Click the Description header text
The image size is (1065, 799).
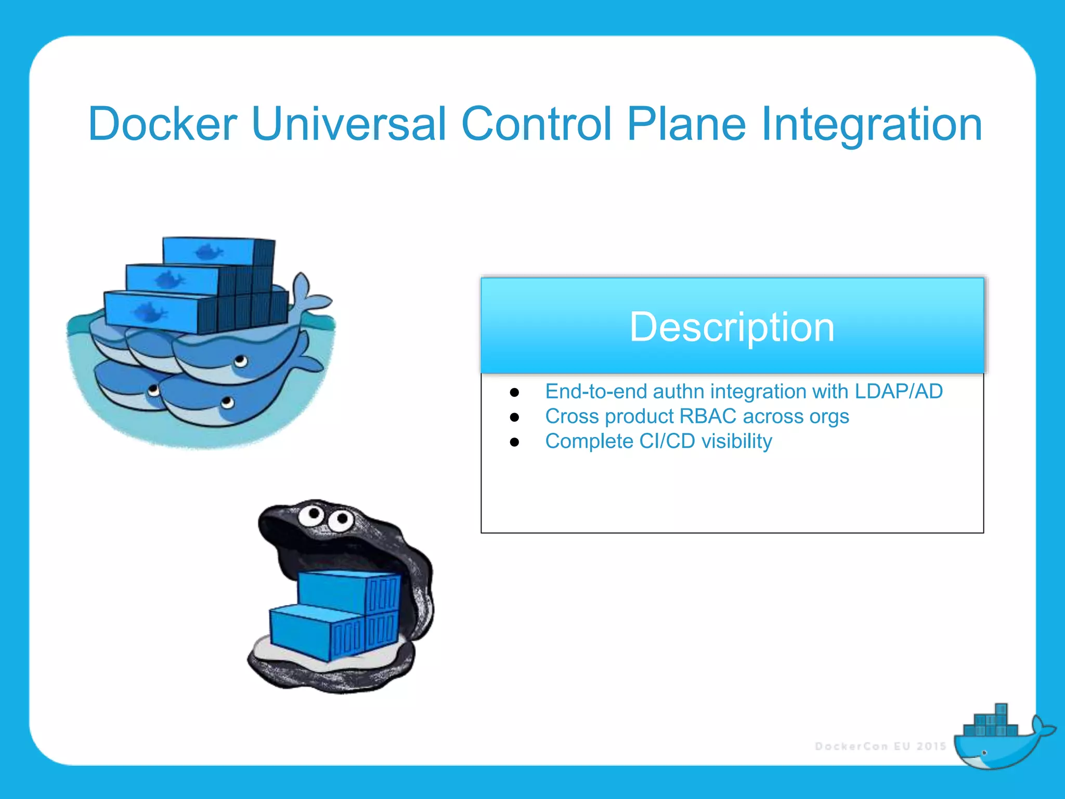(x=732, y=327)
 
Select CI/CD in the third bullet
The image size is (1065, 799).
(x=667, y=441)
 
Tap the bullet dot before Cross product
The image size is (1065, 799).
(x=515, y=417)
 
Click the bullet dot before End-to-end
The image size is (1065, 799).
(x=515, y=392)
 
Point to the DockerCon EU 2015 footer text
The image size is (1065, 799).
(x=880, y=746)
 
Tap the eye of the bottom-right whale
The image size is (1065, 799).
(x=227, y=402)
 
